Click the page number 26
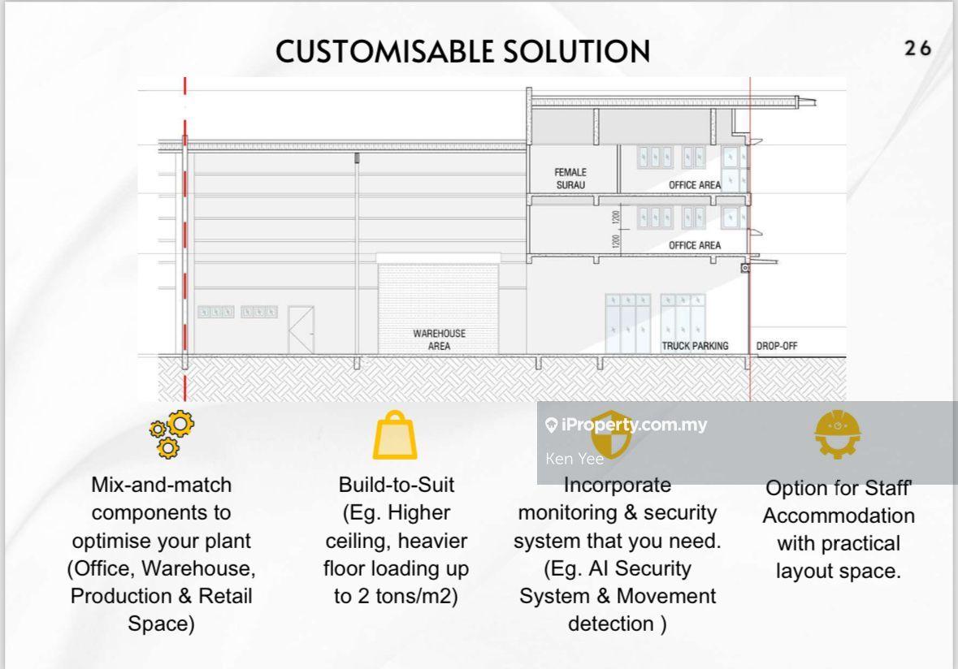(x=917, y=49)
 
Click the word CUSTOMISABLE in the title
(x=383, y=51)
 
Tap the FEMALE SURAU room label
(x=570, y=179)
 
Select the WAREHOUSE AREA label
(x=439, y=339)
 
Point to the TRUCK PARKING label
(x=695, y=346)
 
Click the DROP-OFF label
(x=777, y=346)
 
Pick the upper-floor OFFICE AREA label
(x=694, y=185)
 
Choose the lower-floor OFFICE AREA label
(x=694, y=245)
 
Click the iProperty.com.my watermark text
(x=634, y=425)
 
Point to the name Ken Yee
(x=574, y=459)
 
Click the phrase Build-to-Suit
(x=396, y=486)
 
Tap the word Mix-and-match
(x=161, y=486)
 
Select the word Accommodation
(x=839, y=516)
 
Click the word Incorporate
(x=618, y=486)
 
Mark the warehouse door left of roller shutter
(x=301, y=329)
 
